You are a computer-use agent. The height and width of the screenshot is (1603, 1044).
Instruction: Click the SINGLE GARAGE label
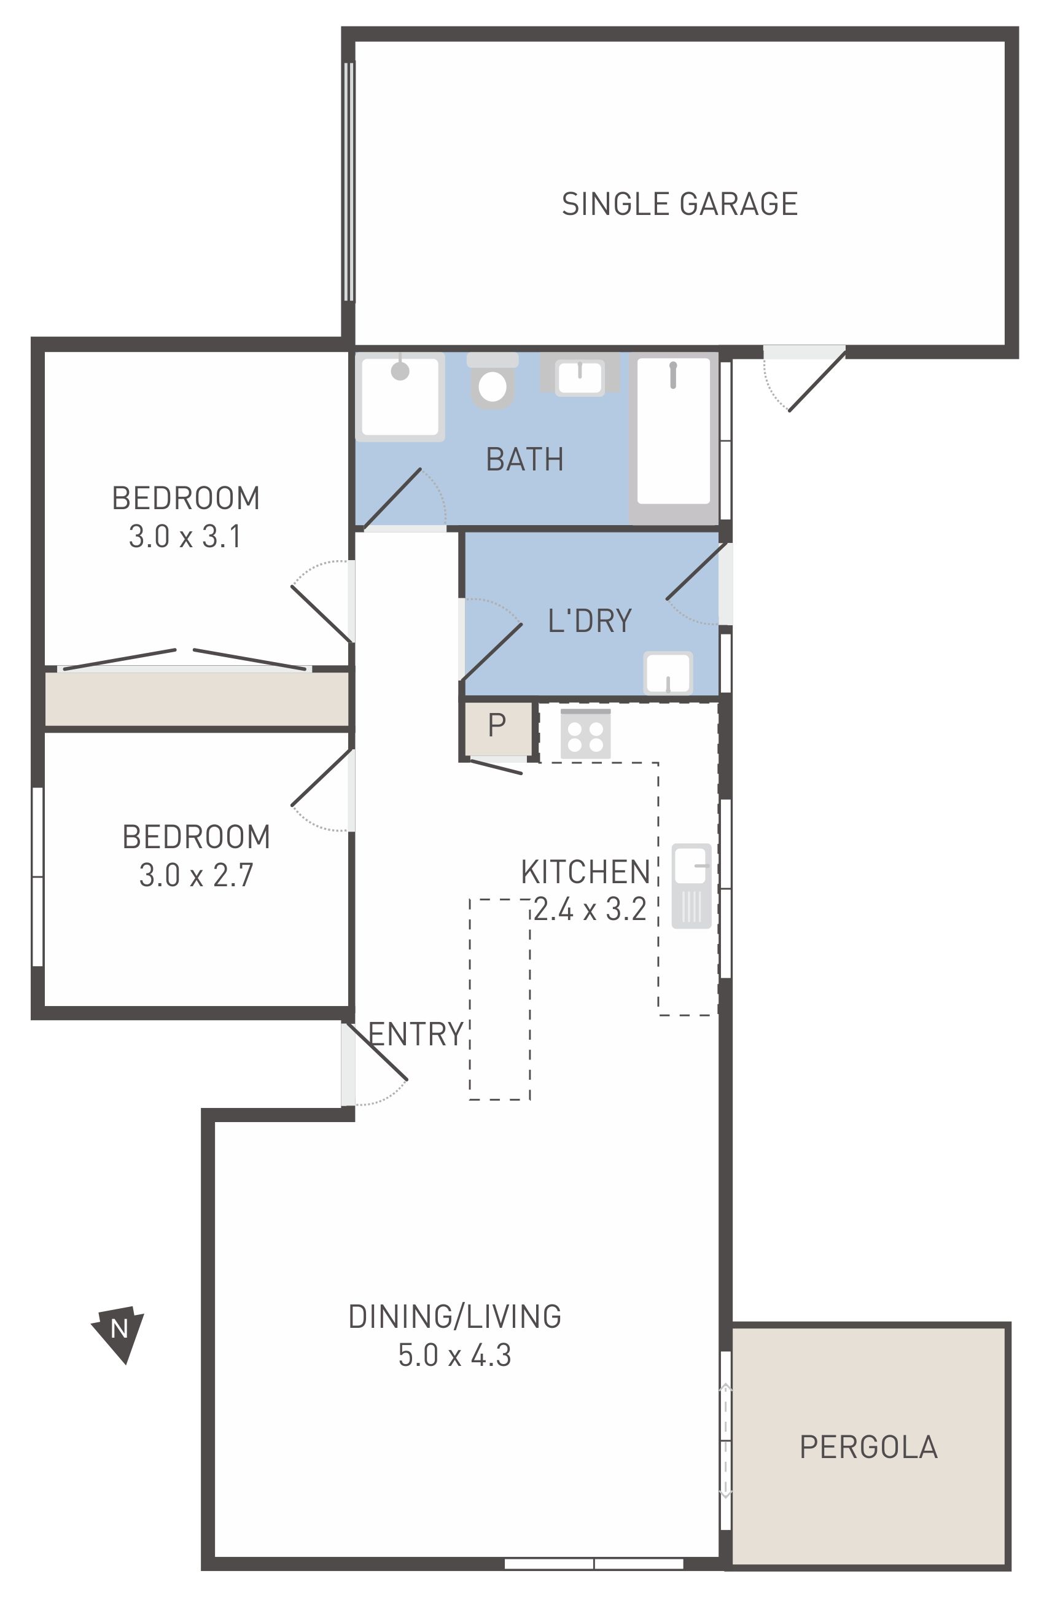(x=679, y=204)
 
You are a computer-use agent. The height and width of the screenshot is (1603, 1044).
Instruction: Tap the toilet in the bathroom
(x=493, y=381)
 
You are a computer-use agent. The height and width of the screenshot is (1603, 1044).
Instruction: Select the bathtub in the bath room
(x=674, y=438)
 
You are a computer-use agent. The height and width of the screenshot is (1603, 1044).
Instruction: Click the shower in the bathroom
(x=400, y=397)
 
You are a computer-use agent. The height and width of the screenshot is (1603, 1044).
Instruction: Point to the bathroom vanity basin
(x=580, y=375)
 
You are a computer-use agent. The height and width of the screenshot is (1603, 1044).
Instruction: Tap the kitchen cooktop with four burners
(x=585, y=733)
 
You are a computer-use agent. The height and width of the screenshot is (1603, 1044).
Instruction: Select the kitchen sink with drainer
(x=691, y=886)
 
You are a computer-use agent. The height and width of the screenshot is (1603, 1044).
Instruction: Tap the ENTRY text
(x=416, y=1034)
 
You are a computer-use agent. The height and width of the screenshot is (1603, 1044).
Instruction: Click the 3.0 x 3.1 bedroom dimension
(x=185, y=537)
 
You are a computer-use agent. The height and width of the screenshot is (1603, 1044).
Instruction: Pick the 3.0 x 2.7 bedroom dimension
(x=196, y=876)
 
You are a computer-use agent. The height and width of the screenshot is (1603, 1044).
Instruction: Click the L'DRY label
(x=590, y=621)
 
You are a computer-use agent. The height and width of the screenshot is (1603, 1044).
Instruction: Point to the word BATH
(x=524, y=460)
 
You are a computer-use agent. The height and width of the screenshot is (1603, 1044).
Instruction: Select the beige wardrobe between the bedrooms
(x=197, y=699)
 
